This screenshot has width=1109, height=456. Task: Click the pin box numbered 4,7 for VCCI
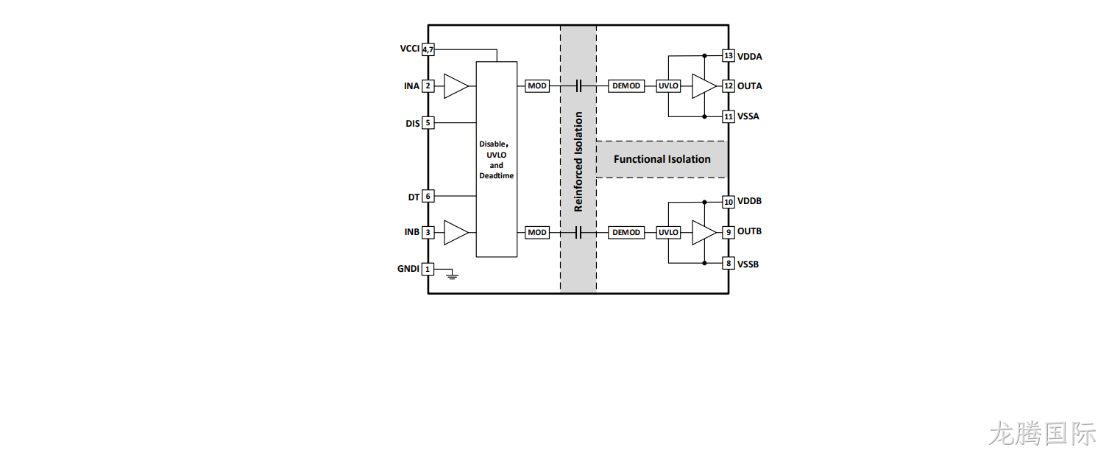tap(428, 49)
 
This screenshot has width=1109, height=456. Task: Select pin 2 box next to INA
tap(428, 85)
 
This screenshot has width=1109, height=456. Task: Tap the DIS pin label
tap(412, 124)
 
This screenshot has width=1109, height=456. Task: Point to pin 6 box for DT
tap(428, 196)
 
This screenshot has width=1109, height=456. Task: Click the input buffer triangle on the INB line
tap(456, 233)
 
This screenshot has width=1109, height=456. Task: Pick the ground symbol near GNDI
tap(452, 275)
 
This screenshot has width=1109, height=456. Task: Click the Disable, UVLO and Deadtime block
tap(497, 159)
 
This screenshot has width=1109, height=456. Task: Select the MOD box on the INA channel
tap(537, 85)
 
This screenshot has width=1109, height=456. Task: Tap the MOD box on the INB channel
tap(537, 233)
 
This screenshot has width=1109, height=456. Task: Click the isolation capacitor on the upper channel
tap(578, 85)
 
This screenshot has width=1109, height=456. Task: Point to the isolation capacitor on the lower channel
tap(578, 233)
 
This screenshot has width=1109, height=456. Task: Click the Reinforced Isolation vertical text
tap(578, 161)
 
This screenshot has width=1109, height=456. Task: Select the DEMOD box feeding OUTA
tap(626, 85)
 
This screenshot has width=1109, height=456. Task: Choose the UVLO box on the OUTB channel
tap(668, 233)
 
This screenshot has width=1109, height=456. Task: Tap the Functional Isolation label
tap(662, 159)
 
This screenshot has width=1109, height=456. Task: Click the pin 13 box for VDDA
tap(729, 55)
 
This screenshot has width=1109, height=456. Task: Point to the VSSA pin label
tap(748, 116)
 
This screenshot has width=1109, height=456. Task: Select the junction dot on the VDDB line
tap(704, 203)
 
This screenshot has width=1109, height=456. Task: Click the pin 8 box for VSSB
tap(729, 263)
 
